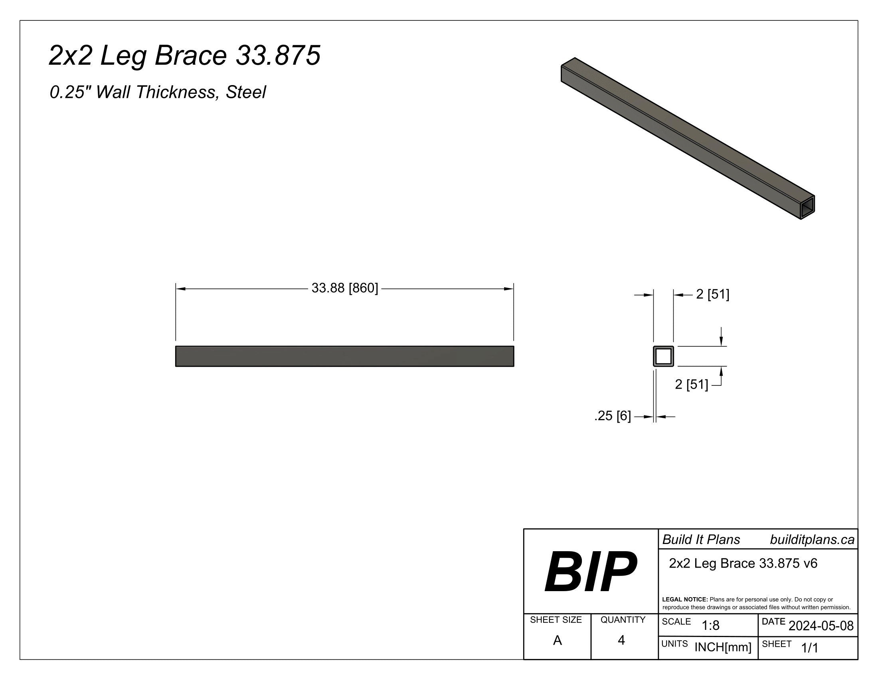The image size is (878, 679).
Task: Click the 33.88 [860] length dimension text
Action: pos(344,288)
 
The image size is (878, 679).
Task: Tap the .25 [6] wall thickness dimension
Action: pos(612,415)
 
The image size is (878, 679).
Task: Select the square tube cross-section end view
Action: pos(663,356)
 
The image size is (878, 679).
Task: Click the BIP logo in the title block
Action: pos(590,572)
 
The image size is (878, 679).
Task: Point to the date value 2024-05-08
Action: pos(821,625)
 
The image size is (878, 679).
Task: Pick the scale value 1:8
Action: pos(710,625)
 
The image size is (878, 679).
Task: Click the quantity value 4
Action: pos(621,640)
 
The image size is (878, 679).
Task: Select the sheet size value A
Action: pos(557,640)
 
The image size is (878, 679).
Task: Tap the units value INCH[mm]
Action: pos(723,647)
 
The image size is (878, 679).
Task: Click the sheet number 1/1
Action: pos(810,647)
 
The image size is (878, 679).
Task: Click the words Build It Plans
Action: pos(701,540)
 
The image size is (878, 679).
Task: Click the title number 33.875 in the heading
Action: pos(278,55)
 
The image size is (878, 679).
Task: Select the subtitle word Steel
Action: pos(245,92)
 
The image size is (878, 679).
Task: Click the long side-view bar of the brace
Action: pos(344,356)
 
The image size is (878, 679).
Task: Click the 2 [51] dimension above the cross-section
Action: pos(712,294)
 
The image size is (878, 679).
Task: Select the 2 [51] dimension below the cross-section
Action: pos(692,385)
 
